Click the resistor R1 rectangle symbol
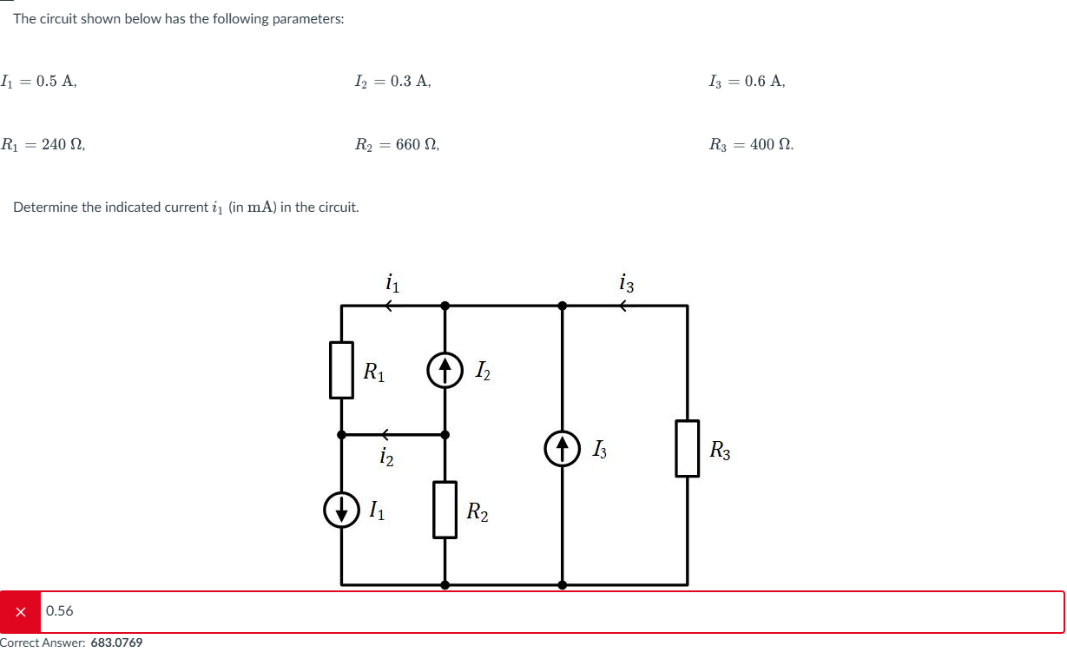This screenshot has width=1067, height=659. (342, 370)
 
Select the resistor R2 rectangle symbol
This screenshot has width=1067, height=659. (445, 510)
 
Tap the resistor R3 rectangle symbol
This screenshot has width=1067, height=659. (688, 448)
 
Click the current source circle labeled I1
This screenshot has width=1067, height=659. (341, 510)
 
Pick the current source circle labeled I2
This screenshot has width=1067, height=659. (445, 371)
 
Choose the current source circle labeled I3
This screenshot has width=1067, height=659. (562, 449)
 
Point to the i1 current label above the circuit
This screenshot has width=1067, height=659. (392, 282)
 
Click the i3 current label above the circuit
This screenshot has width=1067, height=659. (627, 283)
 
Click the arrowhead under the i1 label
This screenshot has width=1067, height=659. (390, 305)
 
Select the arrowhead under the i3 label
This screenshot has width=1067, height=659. (623, 305)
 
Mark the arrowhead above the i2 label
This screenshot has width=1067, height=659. (385, 433)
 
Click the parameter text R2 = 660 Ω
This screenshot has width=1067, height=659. (397, 145)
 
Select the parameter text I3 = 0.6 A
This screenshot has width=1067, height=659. (747, 82)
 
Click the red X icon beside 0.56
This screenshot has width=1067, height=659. (20, 611)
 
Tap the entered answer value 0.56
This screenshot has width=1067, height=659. (60, 611)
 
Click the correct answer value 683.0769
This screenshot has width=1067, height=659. (116, 643)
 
